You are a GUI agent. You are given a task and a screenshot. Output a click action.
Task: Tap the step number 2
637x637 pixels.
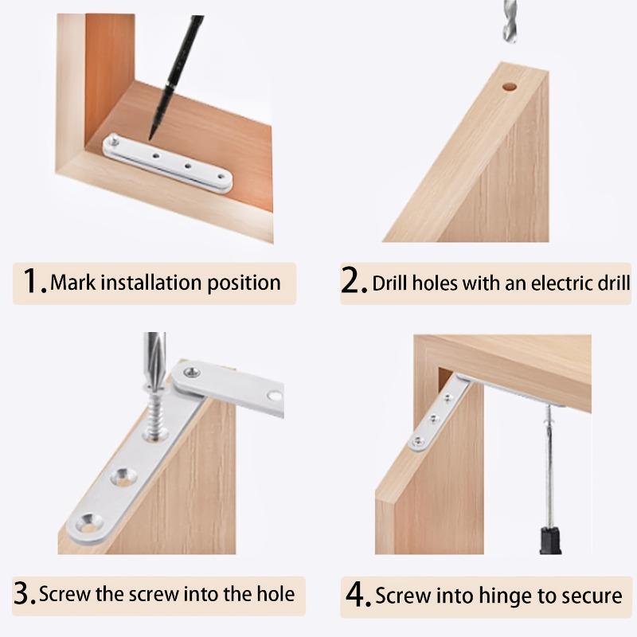(353, 282)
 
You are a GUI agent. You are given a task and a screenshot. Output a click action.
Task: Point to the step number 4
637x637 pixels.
(356, 595)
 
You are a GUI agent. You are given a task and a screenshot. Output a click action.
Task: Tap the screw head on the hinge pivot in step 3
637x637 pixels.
(192, 371)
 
